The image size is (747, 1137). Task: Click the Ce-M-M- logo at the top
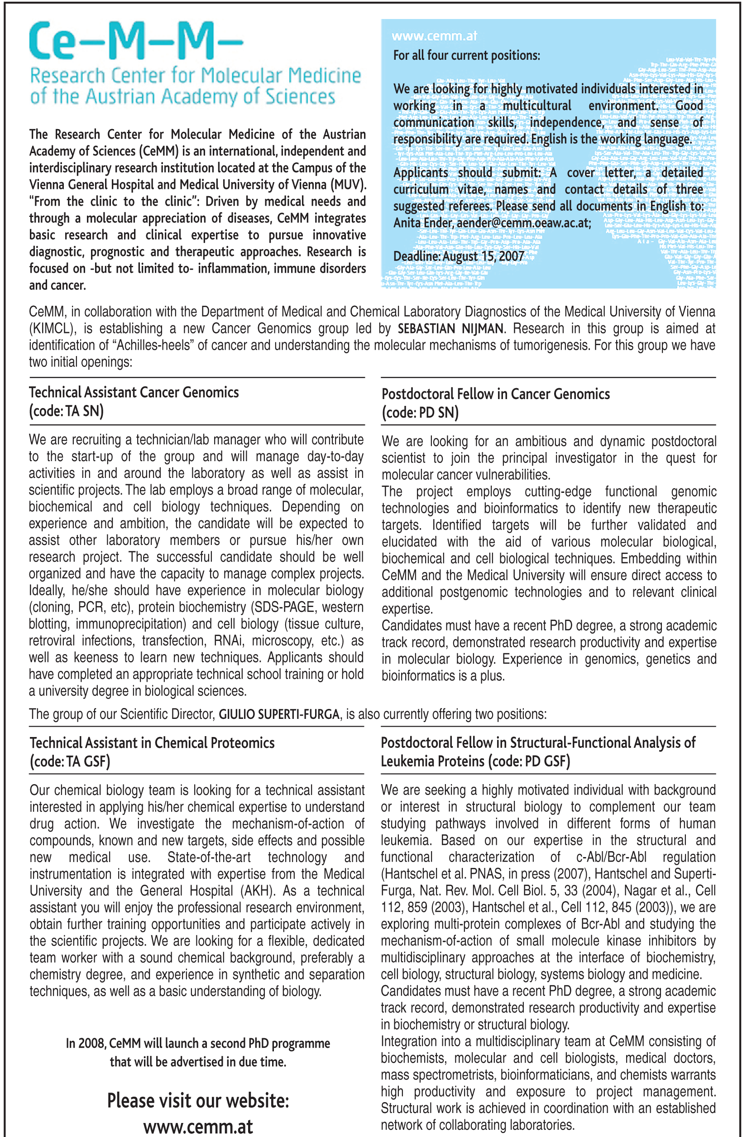point(136,42)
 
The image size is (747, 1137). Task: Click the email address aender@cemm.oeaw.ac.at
point(524,223)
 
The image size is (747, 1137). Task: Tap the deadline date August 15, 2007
point(483,256)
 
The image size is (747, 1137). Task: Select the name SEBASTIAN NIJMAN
point(450,329)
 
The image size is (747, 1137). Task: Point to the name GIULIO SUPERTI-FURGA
point(279,714)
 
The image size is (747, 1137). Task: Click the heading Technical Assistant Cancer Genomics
point(134,393)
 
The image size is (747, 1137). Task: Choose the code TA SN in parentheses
point(67,411)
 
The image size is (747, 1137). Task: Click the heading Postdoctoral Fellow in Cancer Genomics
point(495,394)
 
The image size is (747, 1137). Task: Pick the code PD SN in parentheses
point(420,413)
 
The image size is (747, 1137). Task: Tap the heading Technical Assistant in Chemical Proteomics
point(152,743)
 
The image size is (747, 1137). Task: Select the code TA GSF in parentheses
point(70,761)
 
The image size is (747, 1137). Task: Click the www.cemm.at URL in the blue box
point(434,36)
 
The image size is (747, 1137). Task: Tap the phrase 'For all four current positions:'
point(466,56)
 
